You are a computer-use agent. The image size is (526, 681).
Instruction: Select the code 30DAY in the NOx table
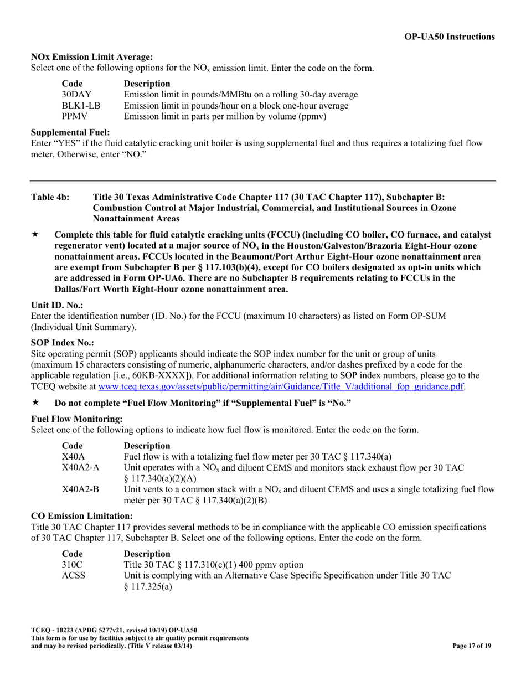click(x=77, y=95)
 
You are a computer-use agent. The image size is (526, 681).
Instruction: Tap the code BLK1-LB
click(x=81, y=105)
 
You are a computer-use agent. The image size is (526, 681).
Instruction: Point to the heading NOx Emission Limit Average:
click(x=92, y=56)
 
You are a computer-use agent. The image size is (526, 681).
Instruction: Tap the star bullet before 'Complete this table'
click(x=35, y=235)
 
